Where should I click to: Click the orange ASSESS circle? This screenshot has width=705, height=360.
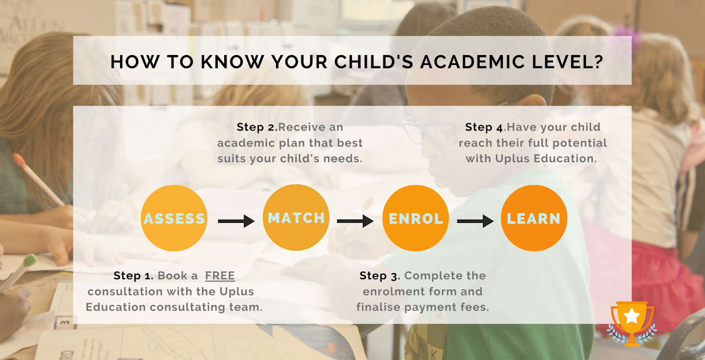(174, 218)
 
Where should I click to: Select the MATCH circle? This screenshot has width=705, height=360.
(296, 217)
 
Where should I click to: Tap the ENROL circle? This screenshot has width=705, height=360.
(416, 218)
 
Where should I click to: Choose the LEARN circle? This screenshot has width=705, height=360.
(534, 218)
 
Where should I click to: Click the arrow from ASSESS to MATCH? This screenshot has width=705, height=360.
(236, 221)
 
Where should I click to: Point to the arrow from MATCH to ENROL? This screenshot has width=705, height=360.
(355, 221)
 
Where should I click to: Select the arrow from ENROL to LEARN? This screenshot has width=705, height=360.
(475, 221)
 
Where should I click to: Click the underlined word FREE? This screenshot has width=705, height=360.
(220, 275)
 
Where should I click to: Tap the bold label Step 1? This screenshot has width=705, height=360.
(134, 275)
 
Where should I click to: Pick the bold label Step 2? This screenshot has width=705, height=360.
(257, 127)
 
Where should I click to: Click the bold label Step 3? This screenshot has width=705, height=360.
(379, 275)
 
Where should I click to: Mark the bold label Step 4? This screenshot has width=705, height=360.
(485, 127)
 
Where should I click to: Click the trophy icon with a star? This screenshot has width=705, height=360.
(632, 324)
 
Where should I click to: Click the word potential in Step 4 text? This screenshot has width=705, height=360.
(572, 143)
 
